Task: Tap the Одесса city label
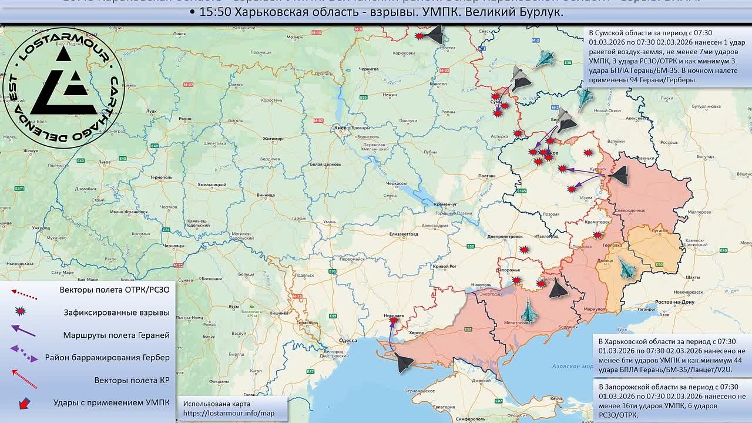coord(348,340)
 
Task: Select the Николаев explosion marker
coord(393,320)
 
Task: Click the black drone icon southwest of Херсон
coord(404,363)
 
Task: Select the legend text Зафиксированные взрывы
coord(117,313)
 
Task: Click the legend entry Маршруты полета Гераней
coord(116,335)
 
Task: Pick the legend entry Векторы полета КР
coord(132,380)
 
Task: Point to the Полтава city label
coord(488,176)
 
